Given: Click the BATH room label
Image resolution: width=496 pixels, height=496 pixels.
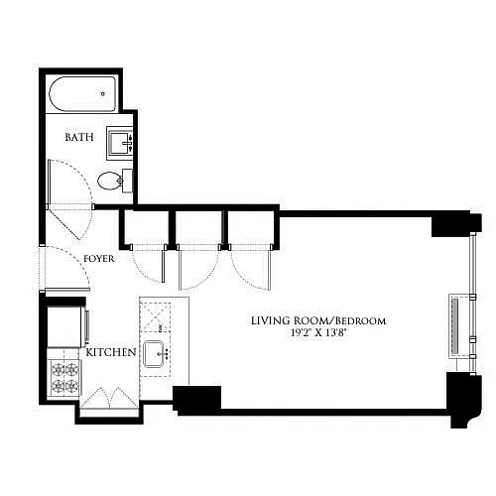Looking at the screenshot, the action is pyautogui.click(x=79, y=137).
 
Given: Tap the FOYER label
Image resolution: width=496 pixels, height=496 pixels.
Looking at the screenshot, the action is pyautogui.click(x=99, y=259).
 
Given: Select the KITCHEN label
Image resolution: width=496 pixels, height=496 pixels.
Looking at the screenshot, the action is pyautogui.click(x=111, y=352).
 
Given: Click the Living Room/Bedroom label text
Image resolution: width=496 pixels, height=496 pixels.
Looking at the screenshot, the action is pyautogui.click(x=318, y=320).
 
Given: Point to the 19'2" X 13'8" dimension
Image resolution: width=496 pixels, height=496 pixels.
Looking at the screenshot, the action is pyautogui.click(x=318, y=332).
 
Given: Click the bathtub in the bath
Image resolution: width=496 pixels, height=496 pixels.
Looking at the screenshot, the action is pyautogui.click(x=82, y=94).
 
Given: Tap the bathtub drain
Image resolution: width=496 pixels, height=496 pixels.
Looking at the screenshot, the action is pyautogui.click(x=103, y=94).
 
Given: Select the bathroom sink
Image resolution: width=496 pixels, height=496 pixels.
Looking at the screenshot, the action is pyautogui.click(x=120, y=143).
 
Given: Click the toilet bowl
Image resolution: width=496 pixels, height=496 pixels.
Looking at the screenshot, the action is pyautogui.click(x=110, y=181).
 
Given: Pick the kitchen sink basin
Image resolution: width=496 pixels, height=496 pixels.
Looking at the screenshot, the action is pyautogui.click(x=155, y=354).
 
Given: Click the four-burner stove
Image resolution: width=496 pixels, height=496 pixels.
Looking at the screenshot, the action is pyautogui.click(x=64, y=377).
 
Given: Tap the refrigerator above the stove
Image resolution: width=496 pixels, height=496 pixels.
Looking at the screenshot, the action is pyautogui.click(x=66, y=326).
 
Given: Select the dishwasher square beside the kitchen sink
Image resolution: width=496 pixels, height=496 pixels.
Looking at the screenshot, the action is pyautogui.click(x=156, y=316).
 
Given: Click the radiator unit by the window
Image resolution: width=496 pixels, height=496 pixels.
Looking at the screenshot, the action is pyautogui.click(x=455, y=326).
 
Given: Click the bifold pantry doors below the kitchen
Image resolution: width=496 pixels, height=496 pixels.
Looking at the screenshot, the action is pyautogui.click(x=109, y=398).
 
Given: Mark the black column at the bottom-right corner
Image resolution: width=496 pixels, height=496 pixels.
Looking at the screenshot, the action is pyautogui.click(x=463, y=400).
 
